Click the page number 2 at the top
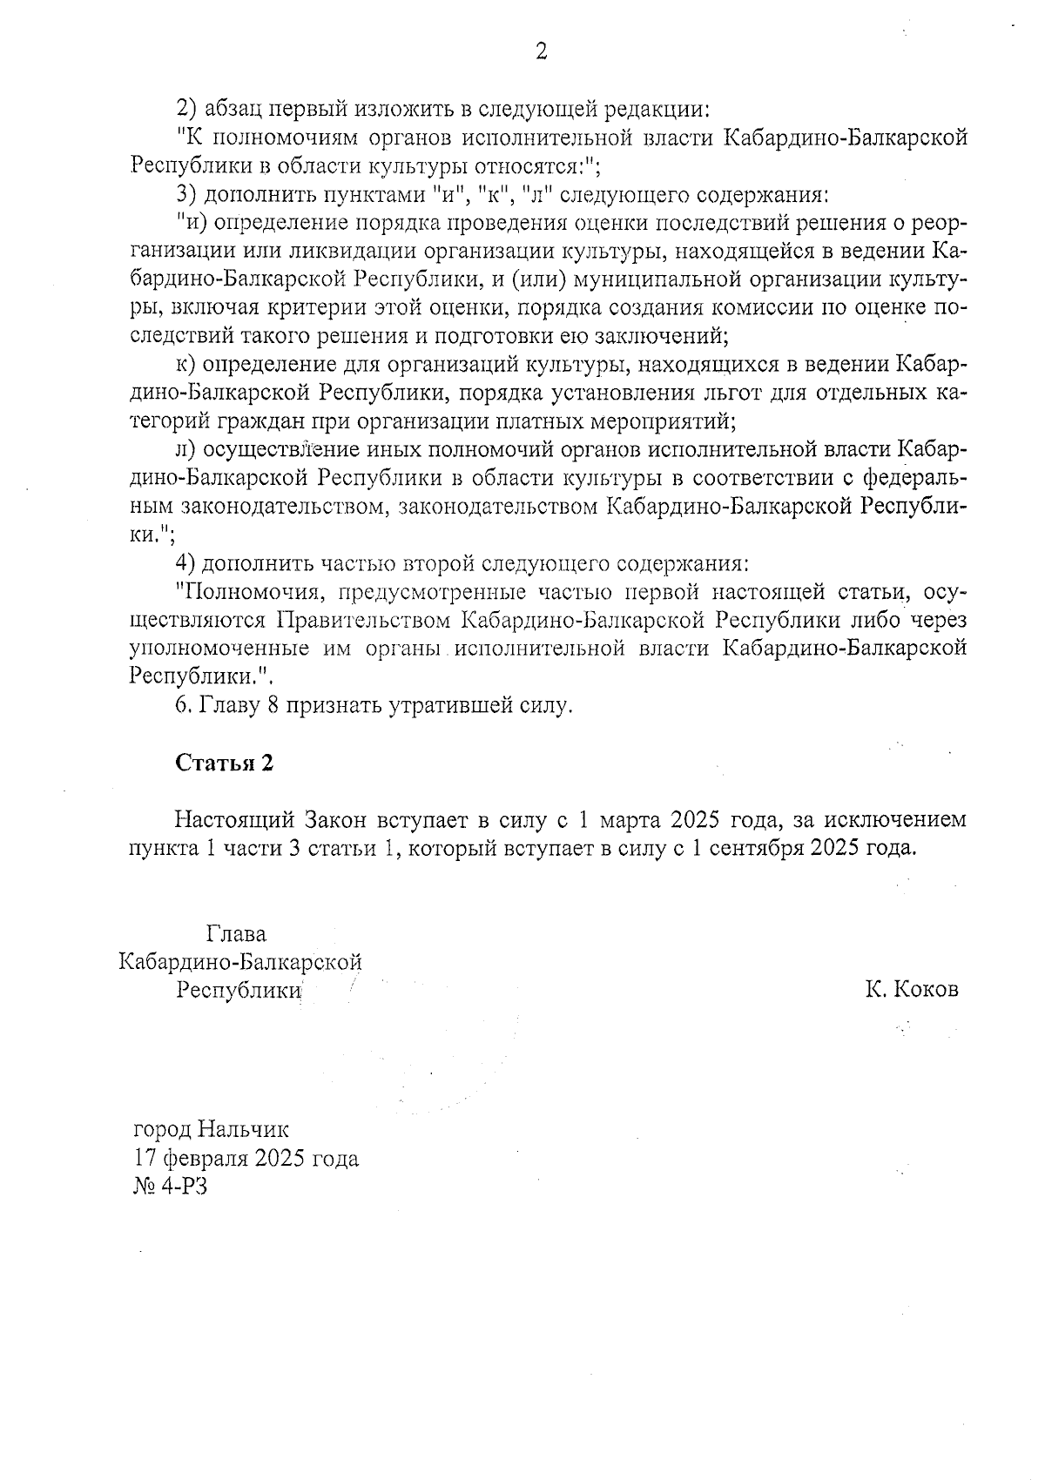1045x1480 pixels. (541, 52)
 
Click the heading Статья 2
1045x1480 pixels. (225, 763)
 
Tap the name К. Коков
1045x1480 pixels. (912, 990)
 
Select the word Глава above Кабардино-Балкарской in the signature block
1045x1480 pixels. (237, 934)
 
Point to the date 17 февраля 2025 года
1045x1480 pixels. (246, 1159)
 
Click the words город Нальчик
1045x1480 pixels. (211, 1130)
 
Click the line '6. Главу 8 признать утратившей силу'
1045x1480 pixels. (374, 705)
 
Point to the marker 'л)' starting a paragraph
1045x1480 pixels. (185, 450)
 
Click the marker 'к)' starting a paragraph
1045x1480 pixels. (185, 365)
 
